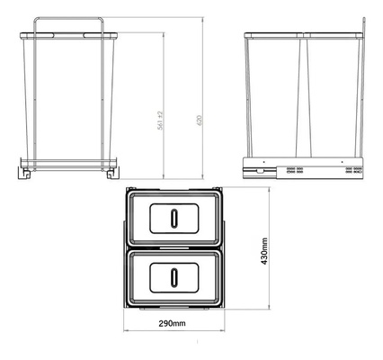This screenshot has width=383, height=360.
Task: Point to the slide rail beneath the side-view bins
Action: click(306, 169)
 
